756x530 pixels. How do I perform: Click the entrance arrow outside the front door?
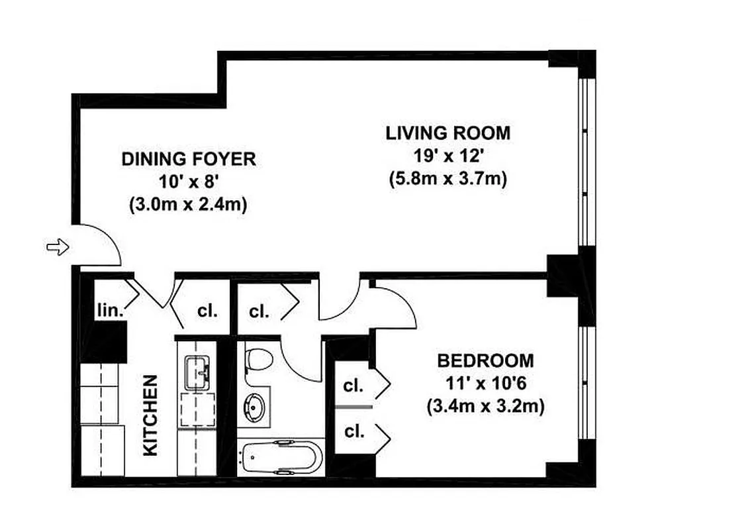pyautogui.click(x=58, y=247)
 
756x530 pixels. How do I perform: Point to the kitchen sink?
pyautogui.click(x=196, y=372)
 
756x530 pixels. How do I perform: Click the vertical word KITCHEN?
pyautogui.click(x=151, y=415)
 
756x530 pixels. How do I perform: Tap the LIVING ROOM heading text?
pyautogui.click(x=448, y=133)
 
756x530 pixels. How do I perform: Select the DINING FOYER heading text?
pyautogui.click(x=189, y=159)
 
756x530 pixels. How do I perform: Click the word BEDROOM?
pyautogui.click(x=485, y=361)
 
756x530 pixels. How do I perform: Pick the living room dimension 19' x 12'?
pyautogui.click(x=448, y=156)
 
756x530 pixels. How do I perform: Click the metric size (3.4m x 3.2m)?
pyautogui.click(x=485, y=406)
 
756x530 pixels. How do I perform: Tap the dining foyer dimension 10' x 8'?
pyautogui.click(x=189, y=182)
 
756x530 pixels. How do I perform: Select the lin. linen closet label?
pyautogui.click(x=109, y=309)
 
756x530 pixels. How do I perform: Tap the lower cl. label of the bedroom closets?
pyautogui.click(x=354, y=432)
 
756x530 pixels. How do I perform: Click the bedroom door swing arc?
pyautogui.click(x=397, y=308)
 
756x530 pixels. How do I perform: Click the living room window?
pyautogui.click(x=583, y=162)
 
